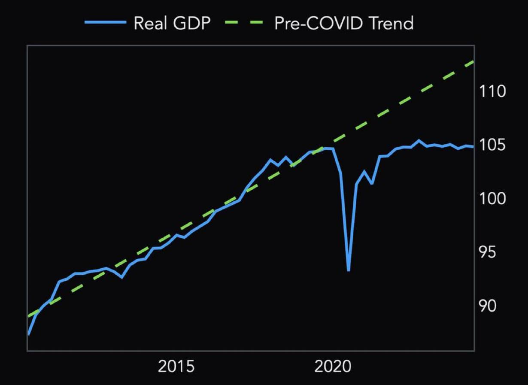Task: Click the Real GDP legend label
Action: pos(172,23)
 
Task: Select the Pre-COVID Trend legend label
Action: pos(344,23)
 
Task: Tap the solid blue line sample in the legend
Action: pos(105,23)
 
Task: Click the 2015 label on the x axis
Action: pos(176,367)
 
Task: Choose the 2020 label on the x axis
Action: pos(333,367)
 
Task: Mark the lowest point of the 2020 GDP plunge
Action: pos(348,270)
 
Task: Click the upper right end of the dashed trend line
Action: pos(473,62)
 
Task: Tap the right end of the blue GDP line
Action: pos(473,147)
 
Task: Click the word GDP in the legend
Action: pos(192,23)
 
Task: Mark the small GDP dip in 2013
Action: pos(122,277)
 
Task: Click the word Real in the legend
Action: pos(151,23)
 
